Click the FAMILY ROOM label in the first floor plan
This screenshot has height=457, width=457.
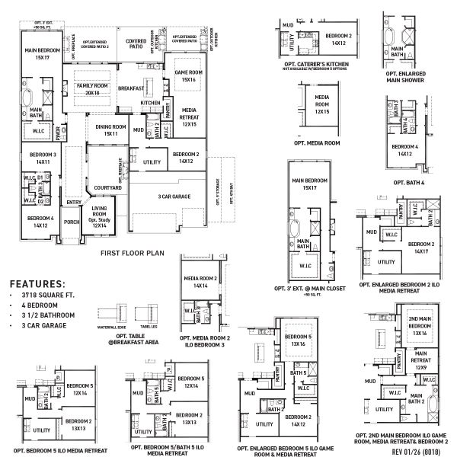88,88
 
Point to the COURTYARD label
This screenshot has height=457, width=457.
109,187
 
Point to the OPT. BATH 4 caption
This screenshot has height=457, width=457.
410,183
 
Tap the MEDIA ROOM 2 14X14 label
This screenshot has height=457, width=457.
200,281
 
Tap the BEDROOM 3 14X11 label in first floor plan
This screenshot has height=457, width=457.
40,158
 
